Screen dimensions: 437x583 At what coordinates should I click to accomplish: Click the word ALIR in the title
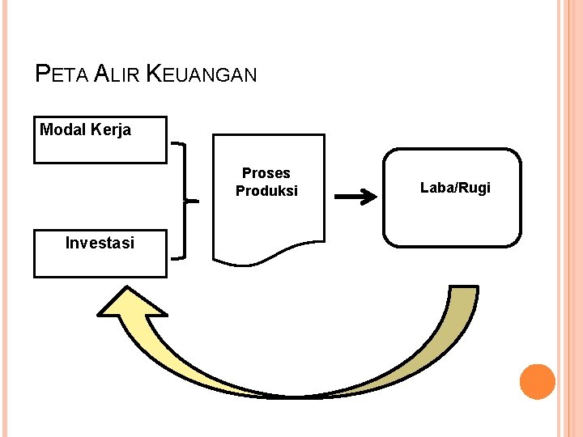117,75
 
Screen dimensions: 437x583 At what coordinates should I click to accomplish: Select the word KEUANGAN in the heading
202,75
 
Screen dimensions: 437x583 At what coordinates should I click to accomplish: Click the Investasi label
100,242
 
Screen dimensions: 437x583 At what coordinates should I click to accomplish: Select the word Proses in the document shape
266,173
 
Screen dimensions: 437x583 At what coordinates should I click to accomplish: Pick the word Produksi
266,191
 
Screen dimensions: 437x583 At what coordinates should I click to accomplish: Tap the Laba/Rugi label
455,188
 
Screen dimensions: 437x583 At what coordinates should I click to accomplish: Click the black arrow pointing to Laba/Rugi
356,197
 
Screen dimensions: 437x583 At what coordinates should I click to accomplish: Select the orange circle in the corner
537,382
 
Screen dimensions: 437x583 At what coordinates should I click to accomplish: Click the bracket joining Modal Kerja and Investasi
185,200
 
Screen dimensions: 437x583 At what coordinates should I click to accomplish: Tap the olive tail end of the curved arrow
462,303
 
